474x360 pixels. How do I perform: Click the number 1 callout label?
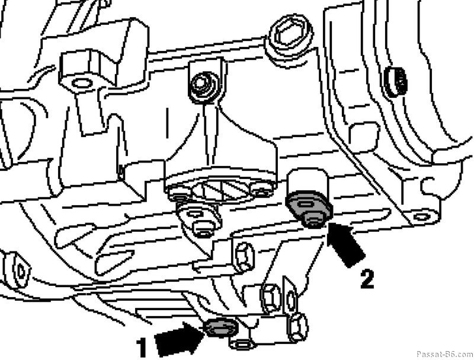coord(141,348)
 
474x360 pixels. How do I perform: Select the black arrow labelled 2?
coord(345,244)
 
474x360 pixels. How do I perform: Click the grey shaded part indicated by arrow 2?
coord(308,209)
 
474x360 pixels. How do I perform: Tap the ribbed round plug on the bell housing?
coord(395,82)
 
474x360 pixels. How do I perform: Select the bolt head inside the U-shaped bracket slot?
coord(202,85)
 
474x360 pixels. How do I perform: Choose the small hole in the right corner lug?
coord(422,216)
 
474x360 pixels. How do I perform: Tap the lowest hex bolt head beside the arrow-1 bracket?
coord(298,328)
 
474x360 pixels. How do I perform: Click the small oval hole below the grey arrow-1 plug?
coord(242,344)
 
